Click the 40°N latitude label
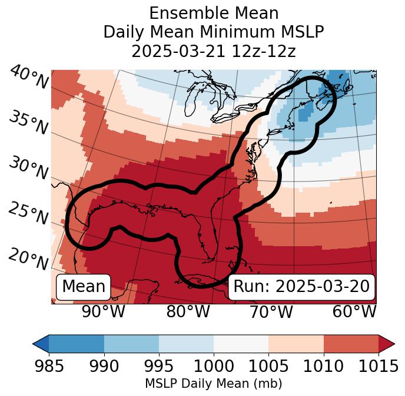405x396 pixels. [28, 78]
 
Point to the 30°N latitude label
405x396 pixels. [28, 169]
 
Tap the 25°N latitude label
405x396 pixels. [28, 214]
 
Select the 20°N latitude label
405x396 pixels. [28, 259]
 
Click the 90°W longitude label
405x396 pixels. [103, 312]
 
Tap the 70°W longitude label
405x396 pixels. [271, 312]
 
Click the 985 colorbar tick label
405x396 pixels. [49, 367]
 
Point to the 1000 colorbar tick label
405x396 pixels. [214, 367]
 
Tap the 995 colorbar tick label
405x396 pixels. [159, 367]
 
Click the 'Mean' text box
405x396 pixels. [84, 287]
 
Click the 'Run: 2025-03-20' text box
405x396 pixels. [301, 287]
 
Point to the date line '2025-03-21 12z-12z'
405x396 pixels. [214, 51]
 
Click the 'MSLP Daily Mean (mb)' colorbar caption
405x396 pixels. [214, 384]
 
